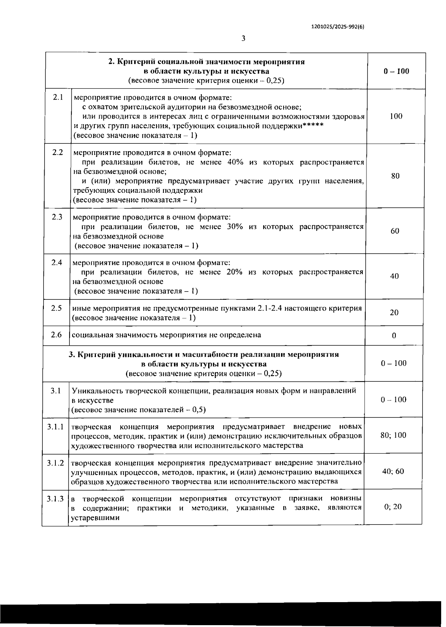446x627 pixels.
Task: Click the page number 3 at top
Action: coord(243,38)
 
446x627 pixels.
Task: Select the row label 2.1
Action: coord(58,97)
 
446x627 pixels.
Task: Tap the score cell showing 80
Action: coord(395,176)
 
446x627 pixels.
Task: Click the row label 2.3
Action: coord(57,217)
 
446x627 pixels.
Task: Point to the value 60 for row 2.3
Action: coord(395,231)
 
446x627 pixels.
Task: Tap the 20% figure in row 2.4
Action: coord(234,272)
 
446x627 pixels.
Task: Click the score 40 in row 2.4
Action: coord(395,276)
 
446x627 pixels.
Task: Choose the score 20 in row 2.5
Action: coord(394,313)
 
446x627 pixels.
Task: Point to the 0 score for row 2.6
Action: coord(394,336)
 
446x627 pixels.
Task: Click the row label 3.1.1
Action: coord(55,427)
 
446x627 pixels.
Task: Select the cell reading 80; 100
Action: coord(394,435)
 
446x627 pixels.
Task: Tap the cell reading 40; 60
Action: coord(393,471)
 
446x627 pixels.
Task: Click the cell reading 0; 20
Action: coord(393,507)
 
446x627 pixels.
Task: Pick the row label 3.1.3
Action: coord(55,498)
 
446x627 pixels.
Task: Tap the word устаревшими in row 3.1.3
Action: coord(95,517)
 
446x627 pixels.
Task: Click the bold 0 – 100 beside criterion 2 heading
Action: coord(397,71)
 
